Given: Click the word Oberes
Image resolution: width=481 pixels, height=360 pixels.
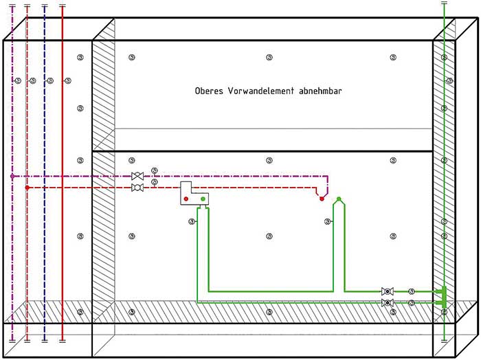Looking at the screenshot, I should [x=210, y=91].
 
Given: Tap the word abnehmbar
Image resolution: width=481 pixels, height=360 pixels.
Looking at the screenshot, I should [x=320, y=91].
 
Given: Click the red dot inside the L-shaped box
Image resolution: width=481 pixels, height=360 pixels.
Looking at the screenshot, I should [x=186, y=199].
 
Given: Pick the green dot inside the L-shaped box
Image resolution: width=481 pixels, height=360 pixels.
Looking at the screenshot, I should [x=203, y=199].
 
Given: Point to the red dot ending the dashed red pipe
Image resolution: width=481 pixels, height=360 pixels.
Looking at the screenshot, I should [x=321, y=199].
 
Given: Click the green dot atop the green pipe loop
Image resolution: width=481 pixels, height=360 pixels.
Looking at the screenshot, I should [x=339, y=200].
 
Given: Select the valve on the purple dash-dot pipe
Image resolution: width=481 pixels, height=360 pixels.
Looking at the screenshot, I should [x=137, y=177].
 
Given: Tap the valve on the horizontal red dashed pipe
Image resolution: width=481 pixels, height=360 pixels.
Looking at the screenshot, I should [x=137, y=188].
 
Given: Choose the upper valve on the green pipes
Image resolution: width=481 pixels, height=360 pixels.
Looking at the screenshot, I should [x=387, y=291].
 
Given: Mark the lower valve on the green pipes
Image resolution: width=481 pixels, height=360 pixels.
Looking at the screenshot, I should [x=387, y=302].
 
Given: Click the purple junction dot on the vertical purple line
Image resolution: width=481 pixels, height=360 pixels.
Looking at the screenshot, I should [x=12, y=177].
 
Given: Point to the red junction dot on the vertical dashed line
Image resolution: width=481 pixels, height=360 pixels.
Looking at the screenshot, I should [x=27, y=188].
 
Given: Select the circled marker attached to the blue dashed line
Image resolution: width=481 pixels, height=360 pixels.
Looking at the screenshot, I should [x=50, y=81].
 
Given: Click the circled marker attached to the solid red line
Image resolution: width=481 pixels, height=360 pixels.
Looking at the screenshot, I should [x=68, y=81].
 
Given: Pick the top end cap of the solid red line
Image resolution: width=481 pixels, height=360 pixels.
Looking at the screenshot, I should [x=62, y=5].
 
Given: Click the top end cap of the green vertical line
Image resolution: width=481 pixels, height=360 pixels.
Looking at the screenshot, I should [x=444, y=3].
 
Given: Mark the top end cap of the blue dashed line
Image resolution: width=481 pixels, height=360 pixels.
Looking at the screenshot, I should [x=44, y=5].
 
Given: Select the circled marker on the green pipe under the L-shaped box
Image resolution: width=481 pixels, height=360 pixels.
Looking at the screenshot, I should [x=192, y=221].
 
